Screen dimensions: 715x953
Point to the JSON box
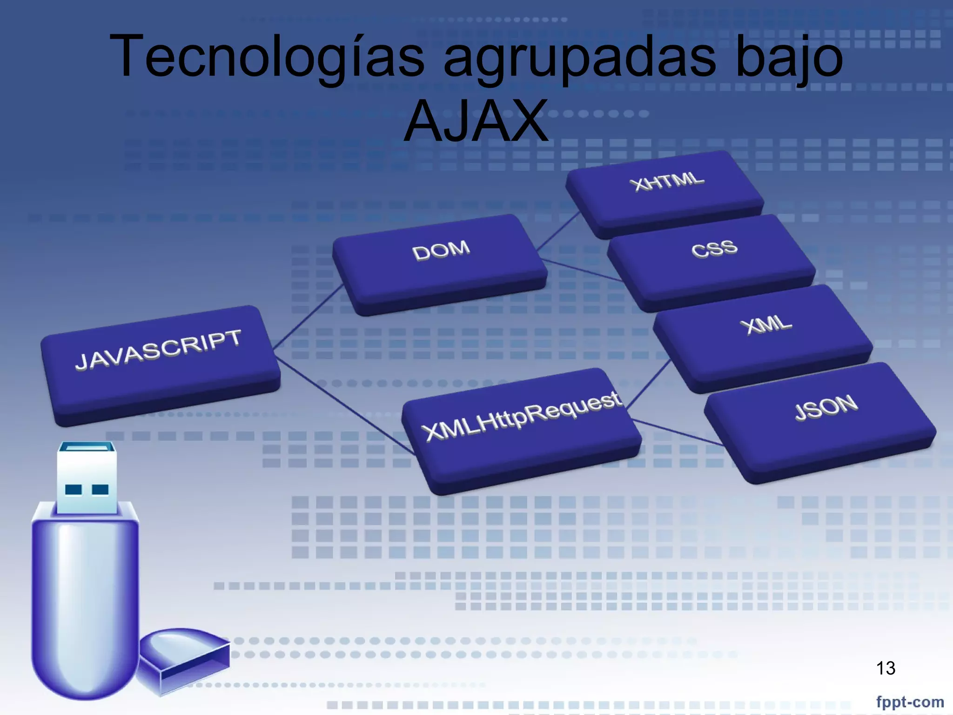(821, 419)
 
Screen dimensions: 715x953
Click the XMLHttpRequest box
(521, 428)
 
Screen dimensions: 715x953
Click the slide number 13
(886, 668)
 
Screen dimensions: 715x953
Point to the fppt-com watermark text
(910, 702)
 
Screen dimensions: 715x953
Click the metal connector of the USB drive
(87, 477)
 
